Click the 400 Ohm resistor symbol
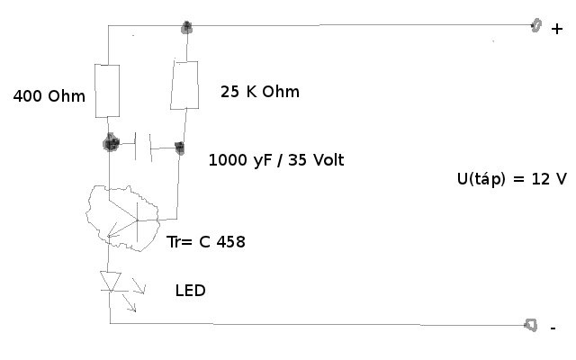tap(108, 91)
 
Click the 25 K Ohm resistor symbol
tap(184, 85)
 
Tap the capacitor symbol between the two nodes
tap(144, 145)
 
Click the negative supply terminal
tap(532, 325)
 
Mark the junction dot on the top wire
tap(187, 26)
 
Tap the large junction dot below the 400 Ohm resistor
tap(111, 142)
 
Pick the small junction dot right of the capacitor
tap(179, 147)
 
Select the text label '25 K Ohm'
tap(260, 92)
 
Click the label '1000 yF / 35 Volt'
tap(276, 160)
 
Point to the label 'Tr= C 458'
tap(206, 241)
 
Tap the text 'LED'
tap(191, 291)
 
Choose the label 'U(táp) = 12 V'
tap(511, 178)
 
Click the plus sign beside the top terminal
tap(556, 28)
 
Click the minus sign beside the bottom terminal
tap(553, 328)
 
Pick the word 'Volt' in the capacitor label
tap(327, 160)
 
